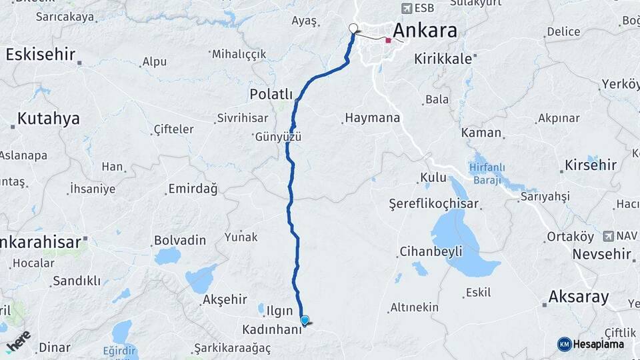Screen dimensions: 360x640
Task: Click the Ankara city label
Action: click(425, 31)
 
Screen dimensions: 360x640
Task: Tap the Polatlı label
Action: click(271, 94)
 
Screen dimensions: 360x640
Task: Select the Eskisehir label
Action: click(40, 55)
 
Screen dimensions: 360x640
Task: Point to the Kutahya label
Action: click(48, 119)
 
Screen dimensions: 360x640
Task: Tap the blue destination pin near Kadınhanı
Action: click(305, 321)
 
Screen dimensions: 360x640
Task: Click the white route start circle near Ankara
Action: click(353, 28)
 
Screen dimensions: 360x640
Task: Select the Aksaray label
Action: click(578, 297)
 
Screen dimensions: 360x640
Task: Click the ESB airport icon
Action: click(406, 9)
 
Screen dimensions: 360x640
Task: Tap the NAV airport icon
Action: click(608, 236)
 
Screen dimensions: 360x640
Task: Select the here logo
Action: click(19, 341)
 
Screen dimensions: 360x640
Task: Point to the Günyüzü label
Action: click(278, 137)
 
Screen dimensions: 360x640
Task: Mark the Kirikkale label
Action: click(443, 59)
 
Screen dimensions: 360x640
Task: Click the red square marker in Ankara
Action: click(389, 41)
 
